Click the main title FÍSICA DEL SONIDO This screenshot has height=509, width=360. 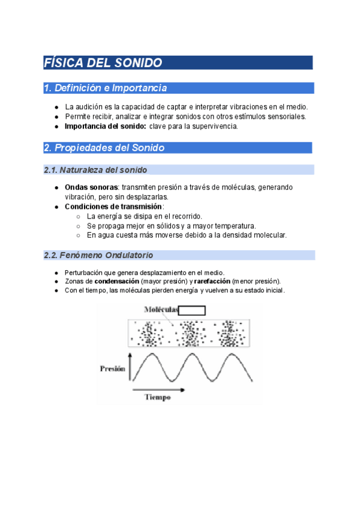click(x=103, y=63)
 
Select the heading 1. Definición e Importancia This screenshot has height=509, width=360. click(x=105, y=88)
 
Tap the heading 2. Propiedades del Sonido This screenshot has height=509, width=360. click(x=104, y=148)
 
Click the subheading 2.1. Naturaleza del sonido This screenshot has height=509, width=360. click(x=95, y=170)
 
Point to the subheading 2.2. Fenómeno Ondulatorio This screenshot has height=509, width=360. click(x=98, y=255)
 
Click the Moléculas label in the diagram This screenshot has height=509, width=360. click(x=161, y=310)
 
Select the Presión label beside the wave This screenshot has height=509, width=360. click(x=112, y=369)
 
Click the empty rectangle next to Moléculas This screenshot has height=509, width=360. click(x=192, y=310)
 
